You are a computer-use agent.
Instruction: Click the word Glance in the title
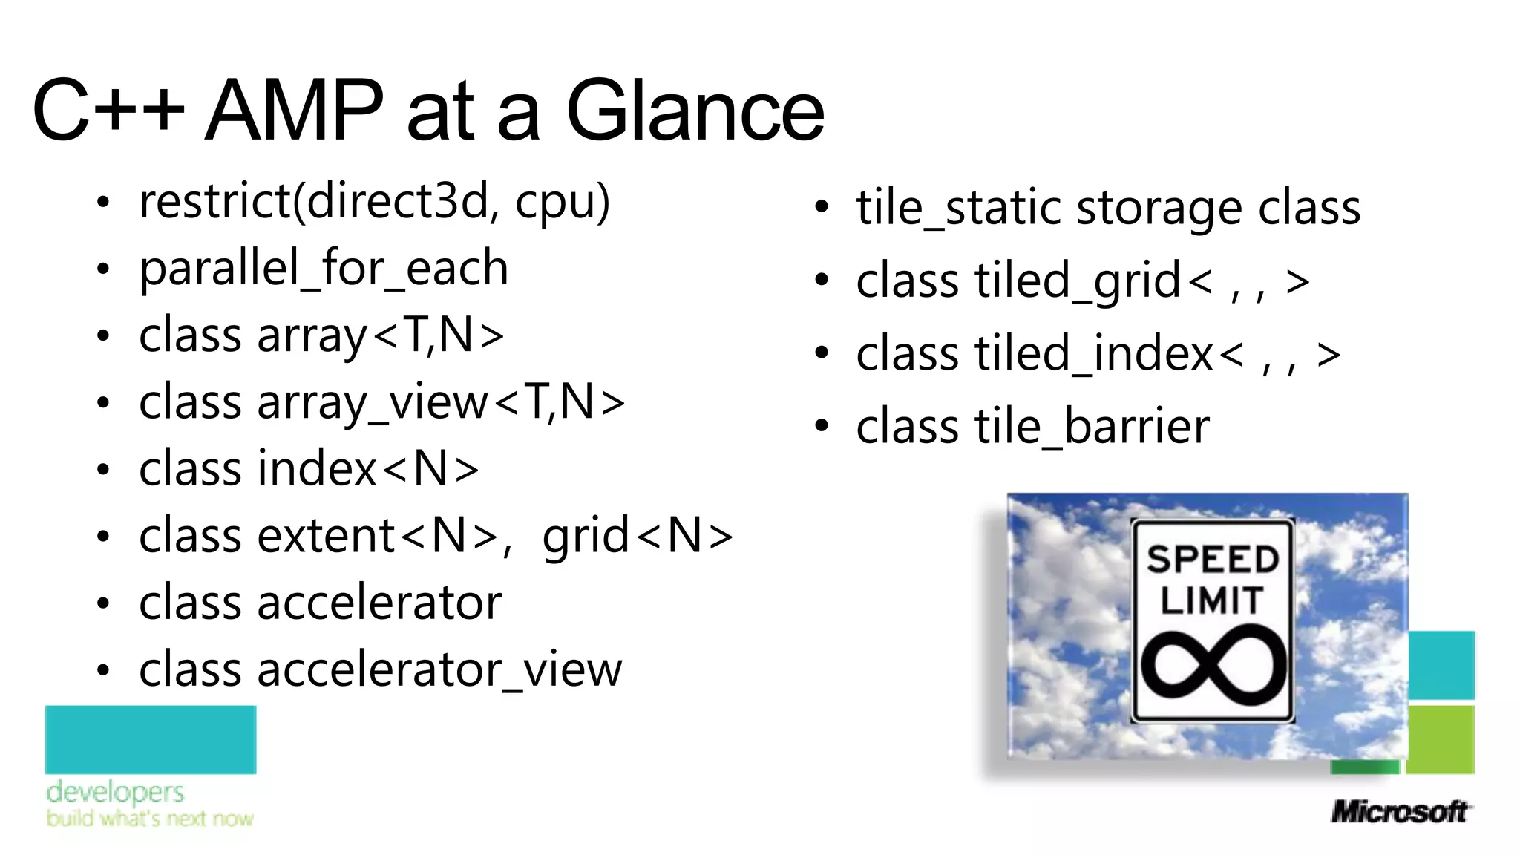point(695,111)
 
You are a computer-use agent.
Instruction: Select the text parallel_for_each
point(324,269)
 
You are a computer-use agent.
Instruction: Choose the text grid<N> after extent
point(637,536)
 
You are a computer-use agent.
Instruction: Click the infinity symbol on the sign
point(1213,665)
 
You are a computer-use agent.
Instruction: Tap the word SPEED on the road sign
point(1213,559)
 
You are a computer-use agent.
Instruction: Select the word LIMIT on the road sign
point(1211,600)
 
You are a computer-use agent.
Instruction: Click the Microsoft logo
point(1398,811)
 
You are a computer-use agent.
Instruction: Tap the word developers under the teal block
point(115,793)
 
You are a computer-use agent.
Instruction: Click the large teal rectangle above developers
point(151,739)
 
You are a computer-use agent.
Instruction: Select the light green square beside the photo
point(1440,739)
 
